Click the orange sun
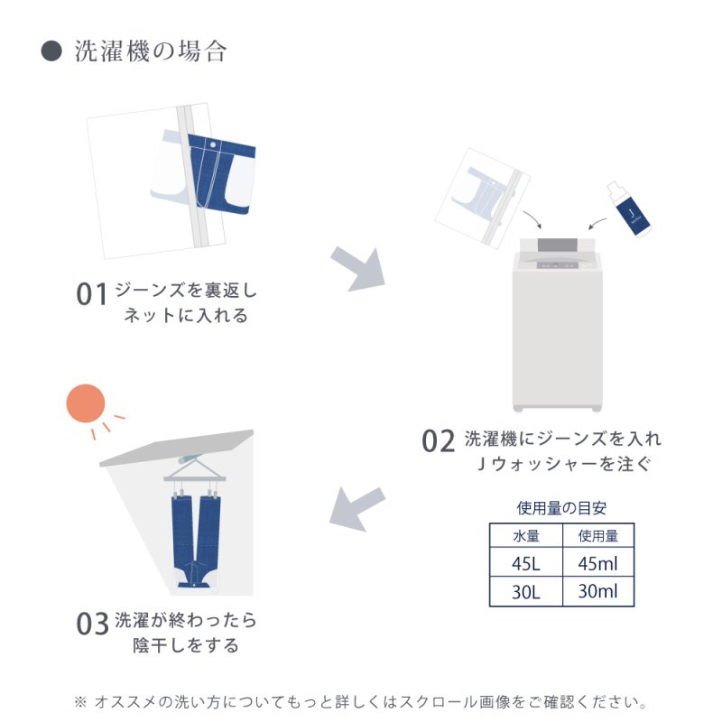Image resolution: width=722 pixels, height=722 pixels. coord(86,403)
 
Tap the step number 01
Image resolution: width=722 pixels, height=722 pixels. coord(92,295)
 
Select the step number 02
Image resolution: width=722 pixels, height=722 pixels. coord(439,441)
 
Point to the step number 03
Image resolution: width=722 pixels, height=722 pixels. coord(92,624)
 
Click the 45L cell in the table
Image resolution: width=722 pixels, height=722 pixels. coord(526,563)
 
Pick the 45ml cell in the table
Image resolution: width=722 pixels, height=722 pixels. coord(598,563)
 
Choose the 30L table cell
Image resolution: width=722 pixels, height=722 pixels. coord(526,592)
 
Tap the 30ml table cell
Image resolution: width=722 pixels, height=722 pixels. coord(598,592)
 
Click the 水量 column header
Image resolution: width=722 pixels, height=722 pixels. coord(526,536)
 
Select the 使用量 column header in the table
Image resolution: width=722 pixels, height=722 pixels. coord(598,536)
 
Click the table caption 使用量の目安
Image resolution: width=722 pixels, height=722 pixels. coord(561,508)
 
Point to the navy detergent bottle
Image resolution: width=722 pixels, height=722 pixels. coord(629,209)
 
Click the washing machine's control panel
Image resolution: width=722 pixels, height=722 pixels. coord(558,264)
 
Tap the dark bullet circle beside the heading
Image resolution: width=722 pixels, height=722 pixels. coord(51,51)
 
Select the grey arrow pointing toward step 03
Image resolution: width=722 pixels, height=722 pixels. coord(356,508)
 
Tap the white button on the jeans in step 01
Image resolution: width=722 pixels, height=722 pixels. coord(213,145)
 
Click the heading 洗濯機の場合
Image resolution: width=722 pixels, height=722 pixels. coord(151,51)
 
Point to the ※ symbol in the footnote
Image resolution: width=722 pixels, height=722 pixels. coord(80,702)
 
